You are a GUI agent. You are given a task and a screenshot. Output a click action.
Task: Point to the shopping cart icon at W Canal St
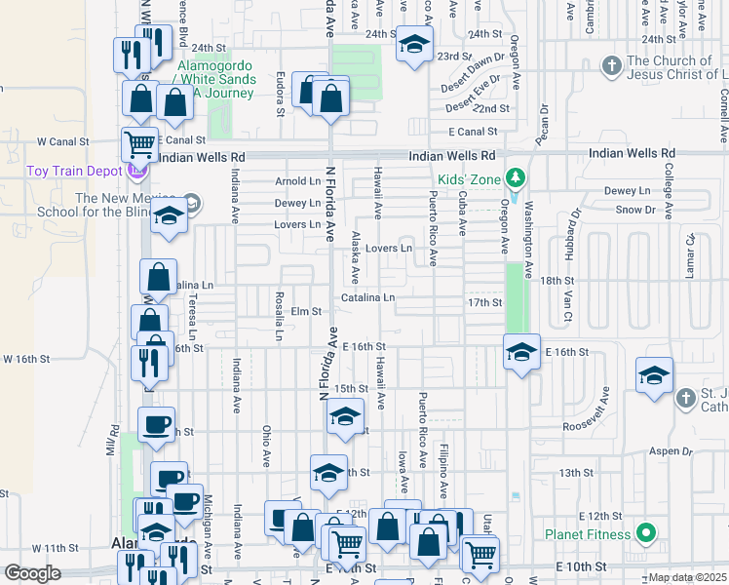point(139,144)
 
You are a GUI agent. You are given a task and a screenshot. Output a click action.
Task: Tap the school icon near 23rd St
point(414,45)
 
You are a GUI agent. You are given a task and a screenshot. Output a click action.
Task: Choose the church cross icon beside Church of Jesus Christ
point(611,66)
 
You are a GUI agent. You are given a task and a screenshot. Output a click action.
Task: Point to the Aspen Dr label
point(671,452)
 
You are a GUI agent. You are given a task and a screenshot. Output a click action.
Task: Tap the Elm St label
point(306,311)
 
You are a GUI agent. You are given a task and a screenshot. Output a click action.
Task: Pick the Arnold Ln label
point(297,181)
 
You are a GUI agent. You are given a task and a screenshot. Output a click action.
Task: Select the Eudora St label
point(281,94)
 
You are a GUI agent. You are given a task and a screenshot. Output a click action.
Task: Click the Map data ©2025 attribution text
point(688,577)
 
